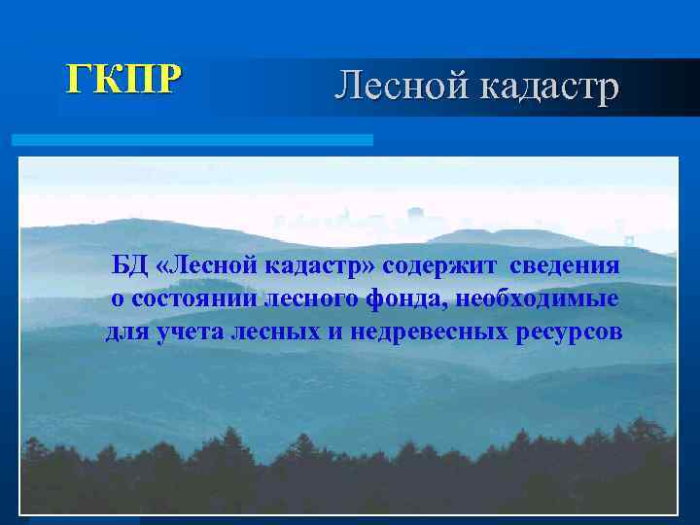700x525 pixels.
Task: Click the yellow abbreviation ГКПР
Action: pos(122,79)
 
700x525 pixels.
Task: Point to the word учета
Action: pos(187,332)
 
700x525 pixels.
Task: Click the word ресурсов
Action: pos(569,332)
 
